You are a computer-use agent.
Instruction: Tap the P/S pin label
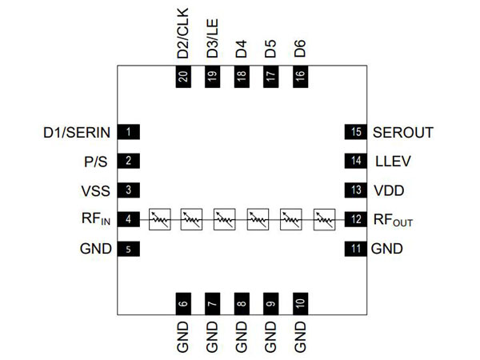pos(94,161)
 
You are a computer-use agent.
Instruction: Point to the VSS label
pos(93,190)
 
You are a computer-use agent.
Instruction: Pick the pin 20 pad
pos(183,77)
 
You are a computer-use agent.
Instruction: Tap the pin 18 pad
pos(242,77)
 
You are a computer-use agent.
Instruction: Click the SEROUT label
pos(403,132)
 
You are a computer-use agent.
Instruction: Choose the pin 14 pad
pos(354,161)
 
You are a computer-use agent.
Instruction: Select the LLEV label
pos(392,161)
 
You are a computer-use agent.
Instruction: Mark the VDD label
pos(390,190)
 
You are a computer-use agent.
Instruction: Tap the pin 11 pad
pos(354,248)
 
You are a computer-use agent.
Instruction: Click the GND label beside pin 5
pos(95,248)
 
